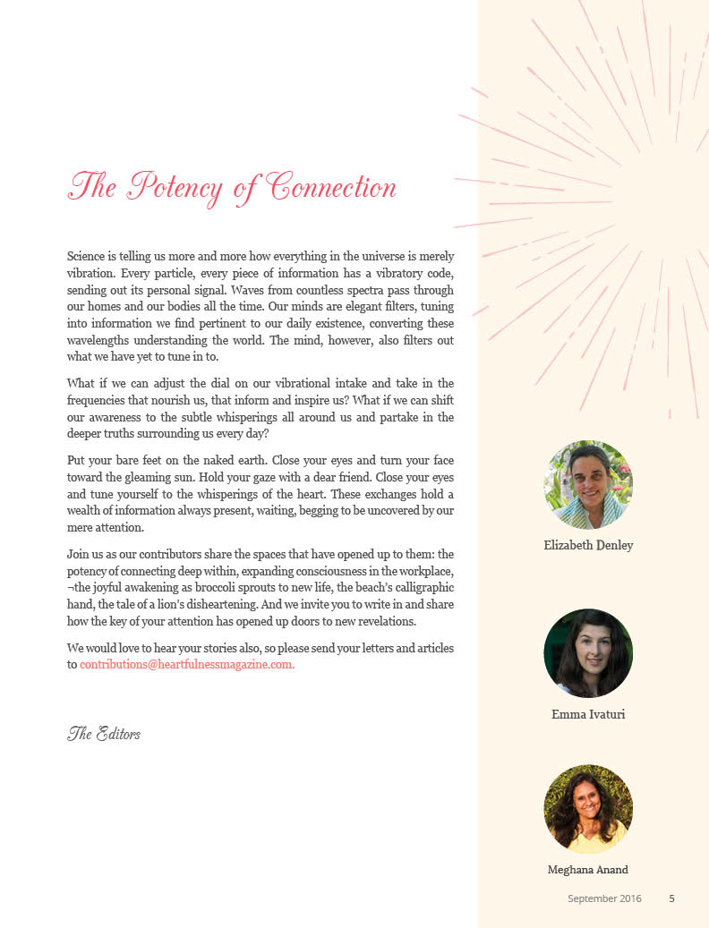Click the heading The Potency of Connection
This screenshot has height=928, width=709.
point(232,187)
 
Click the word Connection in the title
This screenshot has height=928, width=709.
point(332,187)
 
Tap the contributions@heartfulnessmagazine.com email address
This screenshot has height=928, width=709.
point(187,664)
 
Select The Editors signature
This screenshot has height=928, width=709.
point(104,734)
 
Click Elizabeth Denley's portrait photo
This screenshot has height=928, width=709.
point(588,485)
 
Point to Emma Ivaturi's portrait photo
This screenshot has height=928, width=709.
point(588,653)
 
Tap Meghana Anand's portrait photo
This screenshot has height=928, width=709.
point(588,808)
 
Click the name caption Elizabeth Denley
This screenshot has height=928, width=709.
point(588,545)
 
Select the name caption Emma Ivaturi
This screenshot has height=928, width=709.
point(588,714)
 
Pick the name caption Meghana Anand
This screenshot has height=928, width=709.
point(588,870)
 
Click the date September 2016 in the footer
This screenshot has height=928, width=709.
point(604,898)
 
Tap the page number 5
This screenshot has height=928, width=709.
point(671,898)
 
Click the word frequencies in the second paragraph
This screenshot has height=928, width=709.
point(100,400)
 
